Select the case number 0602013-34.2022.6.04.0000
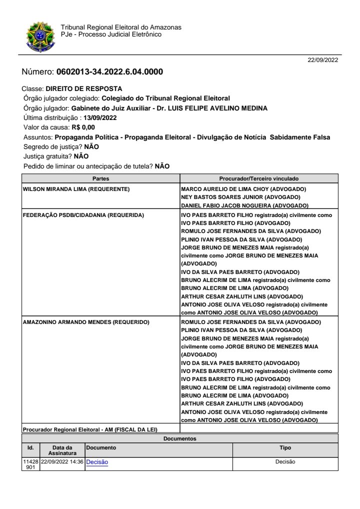tap(109, 72)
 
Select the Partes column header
tap(101, 178)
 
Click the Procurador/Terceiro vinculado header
tap(259, 178)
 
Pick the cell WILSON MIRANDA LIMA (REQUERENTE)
tap(76, 189)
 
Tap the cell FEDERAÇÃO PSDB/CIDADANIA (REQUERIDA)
tap(83, 215)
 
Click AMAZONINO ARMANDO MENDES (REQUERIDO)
tap(86, 322)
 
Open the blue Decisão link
tap(97, 462)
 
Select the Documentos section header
tap(180, 438)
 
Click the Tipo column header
tap(285, 448)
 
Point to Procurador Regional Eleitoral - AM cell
tap(93, 429)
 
